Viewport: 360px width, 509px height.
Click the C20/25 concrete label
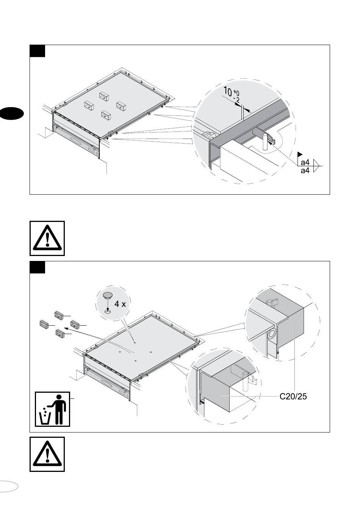pyautogui.click(x=293, y=397)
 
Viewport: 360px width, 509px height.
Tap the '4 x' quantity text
pyautogui.click(x=121, y=304)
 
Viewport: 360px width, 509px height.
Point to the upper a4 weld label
pyautogui.click(x=305, y=162)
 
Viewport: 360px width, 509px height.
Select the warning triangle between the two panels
pyautogui.click(x=47, y=239)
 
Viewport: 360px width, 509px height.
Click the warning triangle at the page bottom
pyautogui.click(x=47, y=454)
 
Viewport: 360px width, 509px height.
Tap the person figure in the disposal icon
pyautogui.click(x=59, y=409)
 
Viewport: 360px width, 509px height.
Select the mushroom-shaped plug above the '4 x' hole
pyautogui.click(x=108, y=295)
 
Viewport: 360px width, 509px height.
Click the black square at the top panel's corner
pyautogui.click(x=38, y=51)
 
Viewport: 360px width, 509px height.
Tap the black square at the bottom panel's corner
pyautogui.click(x=38, y=267)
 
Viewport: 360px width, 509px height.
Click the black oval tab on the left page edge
pyautogui.click(x=11, y=114)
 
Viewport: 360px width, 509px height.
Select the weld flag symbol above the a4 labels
pyautogui.click(x=300, y=155)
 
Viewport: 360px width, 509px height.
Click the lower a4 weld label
pyautogui.click(x=305, y=171)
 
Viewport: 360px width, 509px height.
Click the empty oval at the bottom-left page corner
pyautogui.click(x=8, y=486)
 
